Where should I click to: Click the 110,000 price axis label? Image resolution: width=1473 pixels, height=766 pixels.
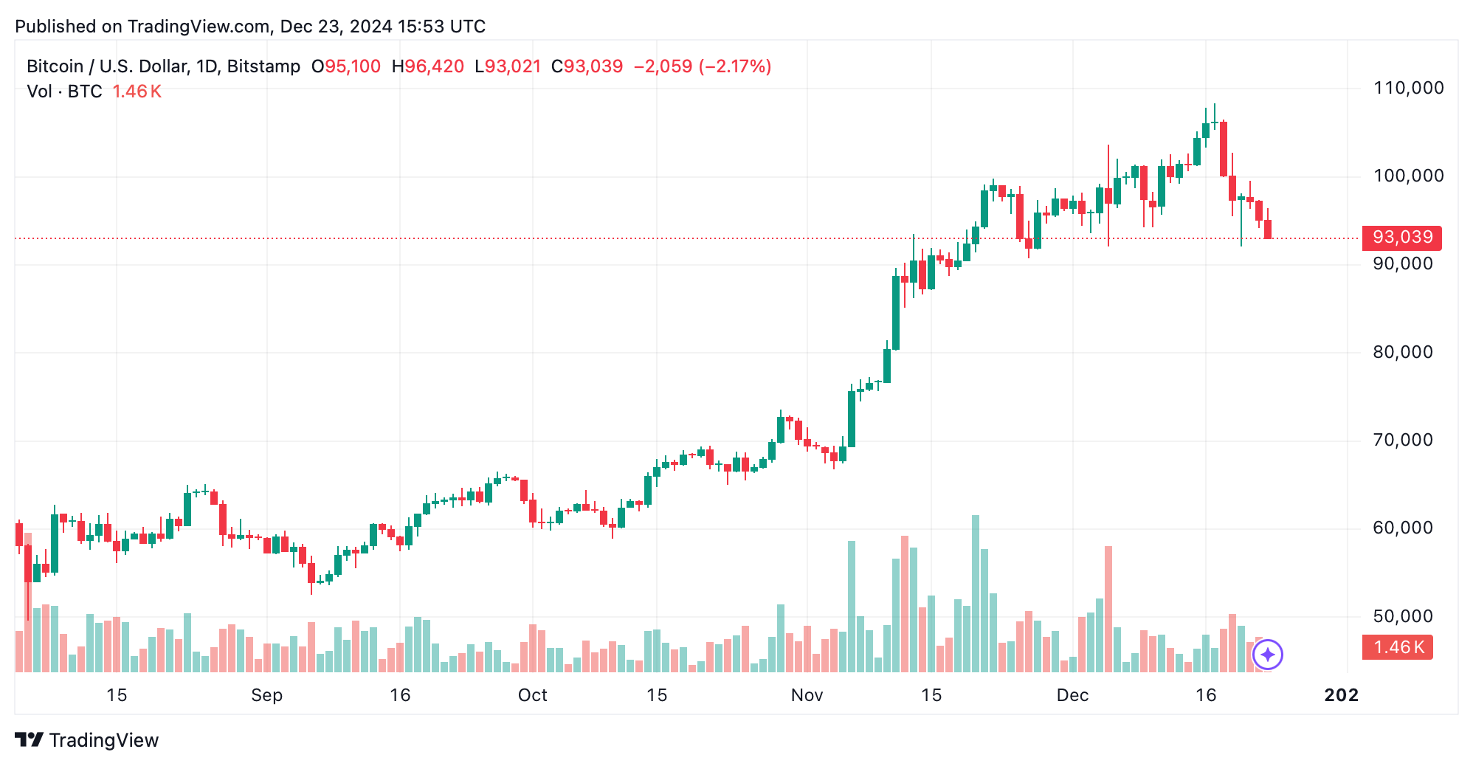(x=1408, y=89)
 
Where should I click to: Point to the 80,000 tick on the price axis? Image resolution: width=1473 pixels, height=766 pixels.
(x=1402, y=352)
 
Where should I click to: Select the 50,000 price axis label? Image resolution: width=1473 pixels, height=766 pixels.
(x=1402, y=616)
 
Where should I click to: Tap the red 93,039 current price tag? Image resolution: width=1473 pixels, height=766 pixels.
(x=1401, y=238)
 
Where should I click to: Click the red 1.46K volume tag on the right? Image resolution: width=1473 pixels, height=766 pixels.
(x=1397, y=647)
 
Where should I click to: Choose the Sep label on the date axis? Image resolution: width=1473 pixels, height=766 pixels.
(x=266, y=695)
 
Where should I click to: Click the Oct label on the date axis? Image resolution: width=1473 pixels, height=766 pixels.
(x=532, y=695)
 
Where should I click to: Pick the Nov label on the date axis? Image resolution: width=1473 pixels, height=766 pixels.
(x=807, y=695)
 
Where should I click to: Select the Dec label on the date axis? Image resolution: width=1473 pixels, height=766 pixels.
(x=1072, y=695)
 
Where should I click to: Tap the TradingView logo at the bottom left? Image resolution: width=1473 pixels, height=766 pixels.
(x=87, y=740)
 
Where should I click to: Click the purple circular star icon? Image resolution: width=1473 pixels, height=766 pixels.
(x=1268, y=655)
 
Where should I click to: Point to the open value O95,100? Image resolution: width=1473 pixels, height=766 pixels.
(x=346, y=66)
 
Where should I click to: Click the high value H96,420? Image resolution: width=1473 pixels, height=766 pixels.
(x=428, y=66)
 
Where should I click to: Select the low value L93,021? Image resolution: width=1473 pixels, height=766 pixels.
(x=508, y=66)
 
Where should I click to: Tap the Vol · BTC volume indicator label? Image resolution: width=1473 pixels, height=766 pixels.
(x=64, y=92)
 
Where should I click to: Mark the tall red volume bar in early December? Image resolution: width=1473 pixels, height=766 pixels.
(x=1108, y=609)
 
